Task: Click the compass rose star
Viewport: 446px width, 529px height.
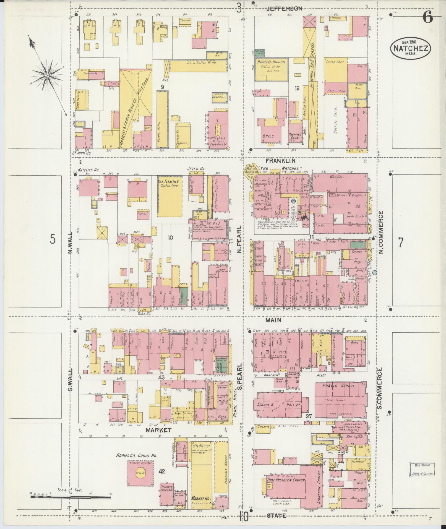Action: click(x=47, y=75)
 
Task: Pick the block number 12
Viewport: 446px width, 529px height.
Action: click(x=297, y=88)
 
